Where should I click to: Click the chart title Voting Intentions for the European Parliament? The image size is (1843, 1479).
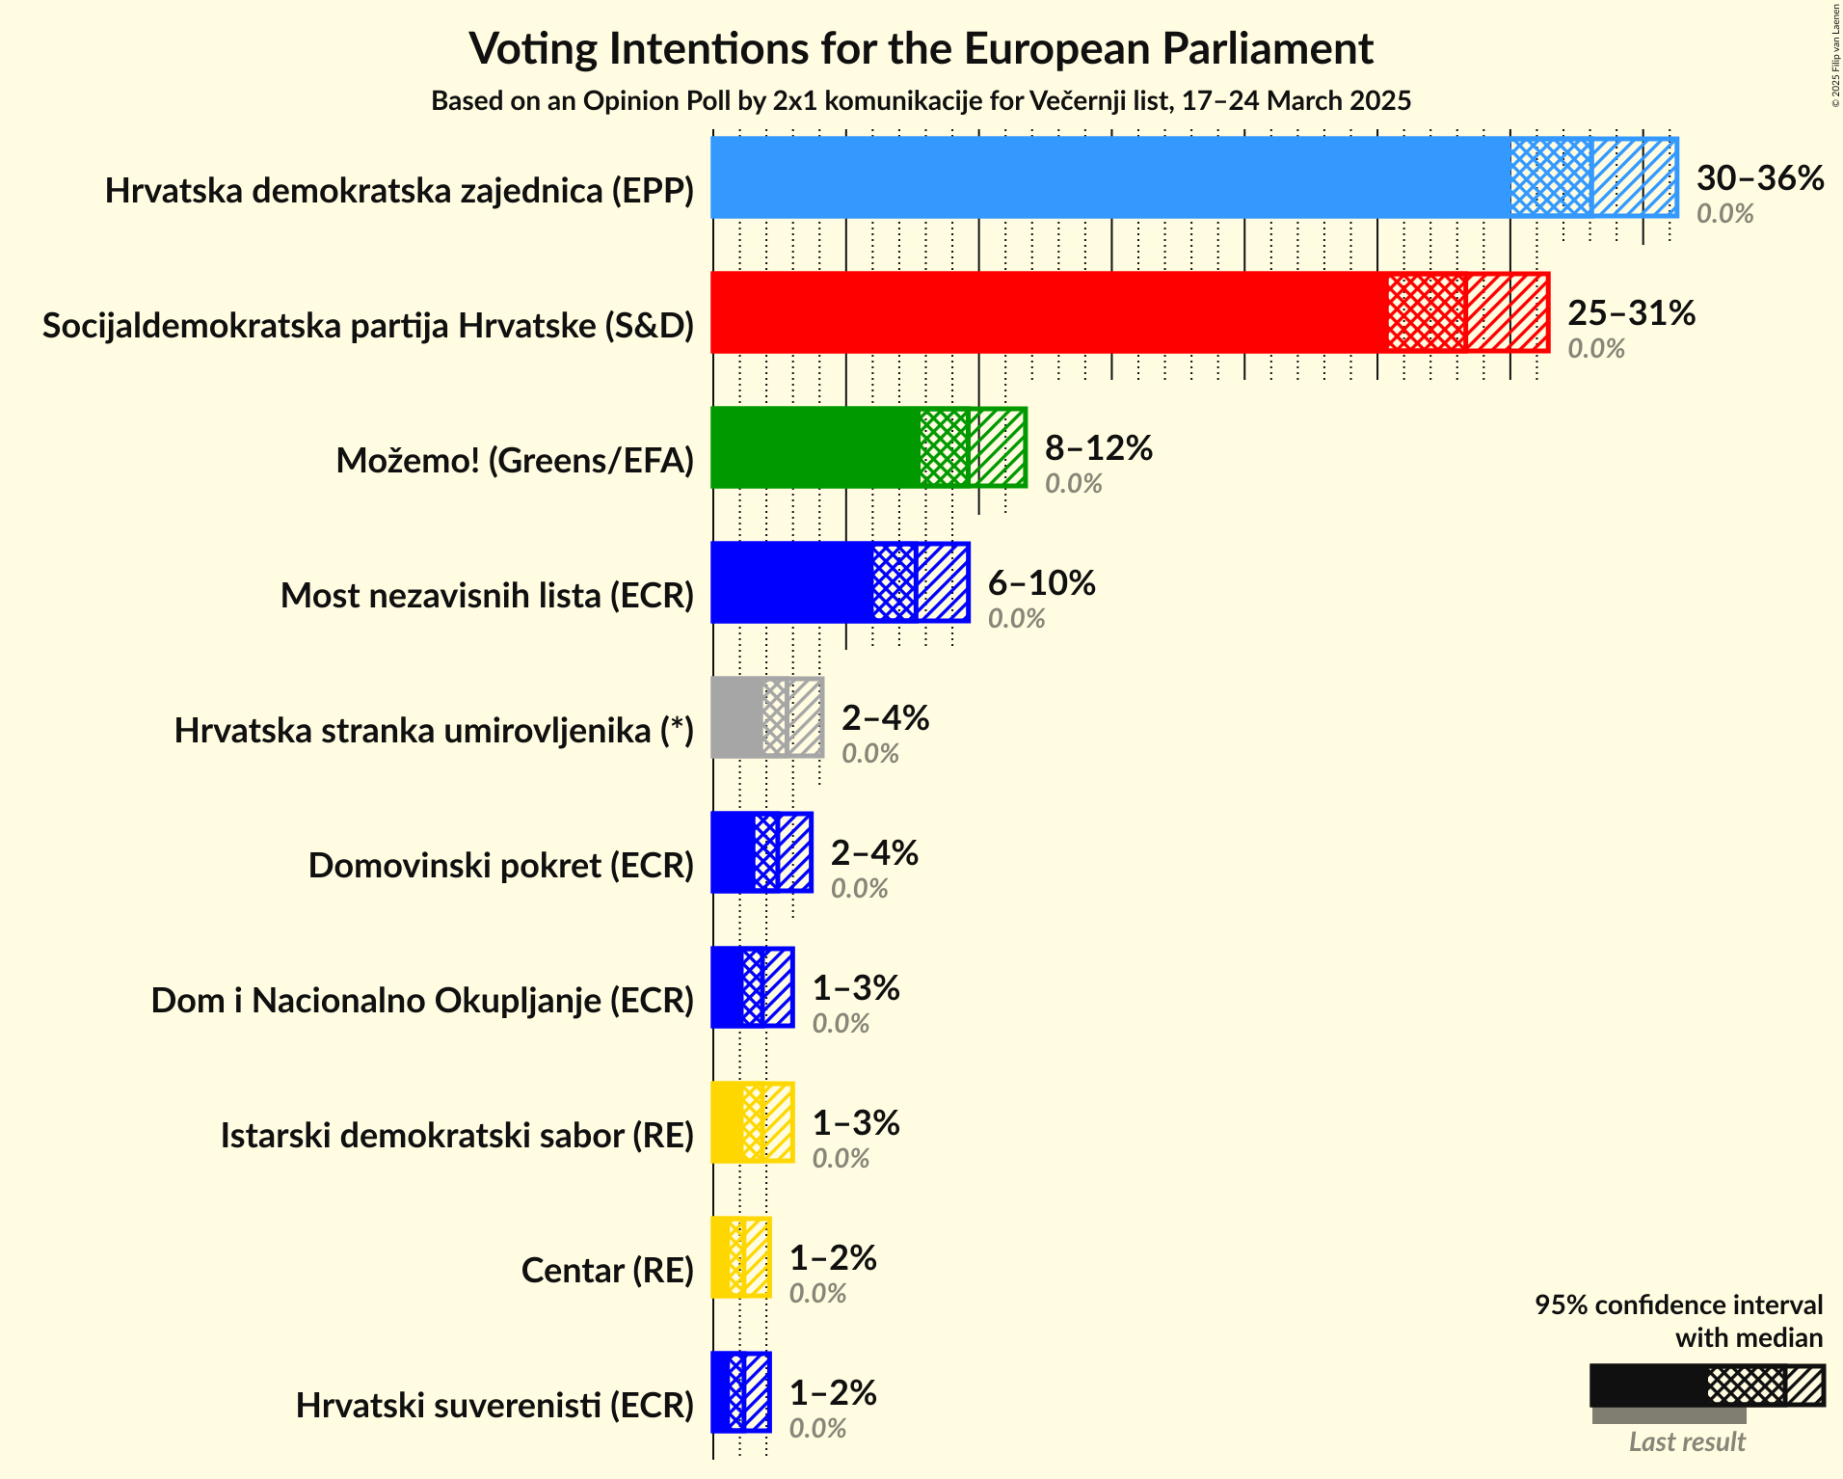[921, 48]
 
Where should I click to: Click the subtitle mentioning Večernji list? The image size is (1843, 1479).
[921, 101]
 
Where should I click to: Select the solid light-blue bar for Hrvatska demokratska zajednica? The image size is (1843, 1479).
[1108, 177]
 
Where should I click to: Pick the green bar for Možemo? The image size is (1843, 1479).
[815, 447]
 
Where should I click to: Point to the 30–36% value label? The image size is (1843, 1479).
[1759, 178]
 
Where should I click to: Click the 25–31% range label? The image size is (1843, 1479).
[1631, 313]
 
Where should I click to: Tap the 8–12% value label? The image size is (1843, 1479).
[1098, 448]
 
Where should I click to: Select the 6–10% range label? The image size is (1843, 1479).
[1041, 583]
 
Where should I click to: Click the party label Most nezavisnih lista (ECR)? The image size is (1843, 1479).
[487, 596]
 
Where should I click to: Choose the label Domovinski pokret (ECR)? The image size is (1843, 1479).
[500, 866]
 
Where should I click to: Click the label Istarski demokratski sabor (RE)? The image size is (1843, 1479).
[457, 1136]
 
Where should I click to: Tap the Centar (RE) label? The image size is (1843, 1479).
[607, 1271]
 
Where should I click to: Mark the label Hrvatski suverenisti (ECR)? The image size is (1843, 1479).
[494, 1406]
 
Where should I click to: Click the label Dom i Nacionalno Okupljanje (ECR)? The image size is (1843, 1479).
[422, 1001]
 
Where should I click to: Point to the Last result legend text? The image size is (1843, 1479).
[1687, 1442]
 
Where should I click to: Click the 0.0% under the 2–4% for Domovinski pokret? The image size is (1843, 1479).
[859, 888]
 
